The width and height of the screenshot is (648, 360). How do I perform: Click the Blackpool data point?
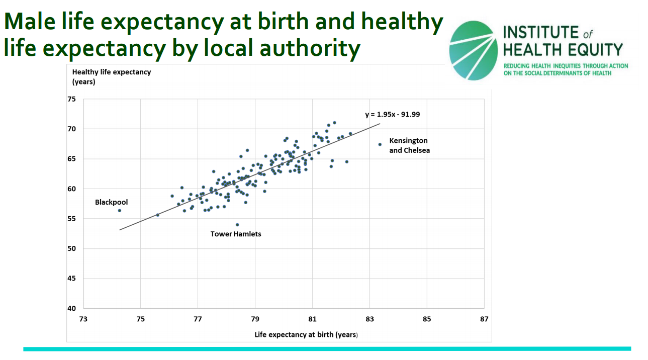[120, 210]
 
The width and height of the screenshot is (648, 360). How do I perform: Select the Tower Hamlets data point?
[237, 225]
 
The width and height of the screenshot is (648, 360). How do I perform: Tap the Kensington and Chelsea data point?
[380, 144]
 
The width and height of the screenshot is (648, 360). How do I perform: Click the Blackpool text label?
[112, 202]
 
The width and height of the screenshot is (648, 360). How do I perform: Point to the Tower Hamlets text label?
[236, 234]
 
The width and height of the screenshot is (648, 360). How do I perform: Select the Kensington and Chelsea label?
[409, 145]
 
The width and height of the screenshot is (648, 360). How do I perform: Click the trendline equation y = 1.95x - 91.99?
[393, 115]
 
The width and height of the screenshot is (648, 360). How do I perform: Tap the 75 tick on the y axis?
[72, 100]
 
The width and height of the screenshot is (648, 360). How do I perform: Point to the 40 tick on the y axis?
[72, 308]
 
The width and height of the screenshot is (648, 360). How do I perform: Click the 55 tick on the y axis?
[72, 219]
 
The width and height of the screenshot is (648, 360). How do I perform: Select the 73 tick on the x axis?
[83, 319]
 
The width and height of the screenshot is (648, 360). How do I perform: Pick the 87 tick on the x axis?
[484, 319]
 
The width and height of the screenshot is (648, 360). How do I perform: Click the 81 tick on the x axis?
[312, 319]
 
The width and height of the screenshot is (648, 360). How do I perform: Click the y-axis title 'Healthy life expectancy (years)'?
[111, 76]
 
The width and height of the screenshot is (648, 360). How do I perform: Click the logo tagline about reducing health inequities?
[565, 69]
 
